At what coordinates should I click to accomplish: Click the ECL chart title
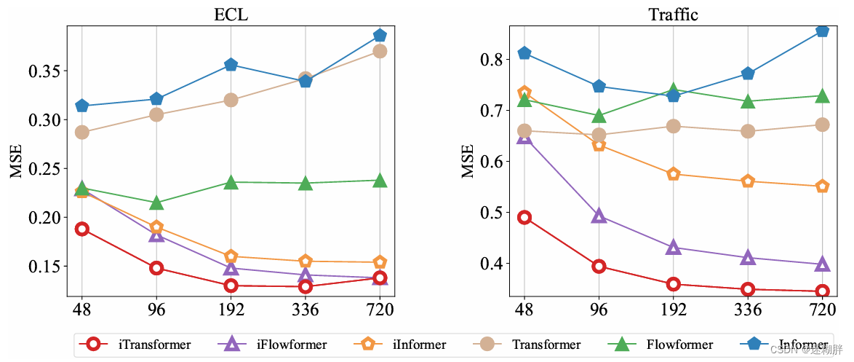click(231, 15)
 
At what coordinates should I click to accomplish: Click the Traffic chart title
click(672, 15)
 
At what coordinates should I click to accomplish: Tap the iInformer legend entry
click(404, 345)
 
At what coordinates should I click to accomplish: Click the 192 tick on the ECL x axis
click(231, 310)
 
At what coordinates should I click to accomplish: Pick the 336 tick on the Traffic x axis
click(748, 310)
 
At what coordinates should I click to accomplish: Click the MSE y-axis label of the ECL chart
click(16, 160)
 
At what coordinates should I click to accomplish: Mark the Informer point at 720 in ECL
click(380, 36)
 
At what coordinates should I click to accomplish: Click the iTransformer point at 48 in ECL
click(81, 229)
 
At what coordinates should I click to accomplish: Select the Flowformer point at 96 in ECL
click(156, 202)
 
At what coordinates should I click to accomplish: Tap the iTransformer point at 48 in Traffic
click(524, 217)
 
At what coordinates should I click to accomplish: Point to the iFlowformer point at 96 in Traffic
click(599, 216)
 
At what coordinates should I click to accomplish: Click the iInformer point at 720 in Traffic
click(822, 186)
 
